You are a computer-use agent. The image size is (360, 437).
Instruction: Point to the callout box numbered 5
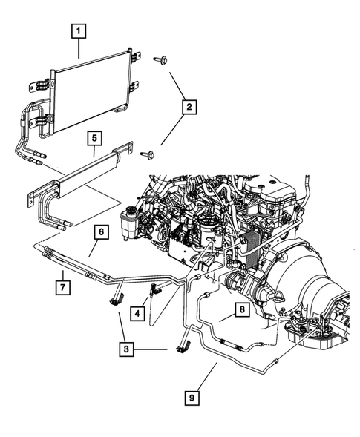click(94, 138)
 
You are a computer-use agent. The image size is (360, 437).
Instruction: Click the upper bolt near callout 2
click(160, 59)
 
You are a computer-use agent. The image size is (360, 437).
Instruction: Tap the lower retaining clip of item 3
click(182, 346)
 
